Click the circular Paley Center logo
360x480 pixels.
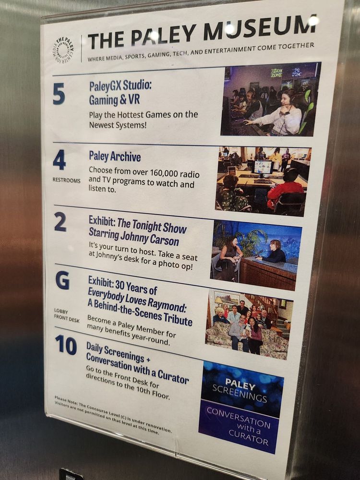(63, 50)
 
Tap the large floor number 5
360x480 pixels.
(59, 94)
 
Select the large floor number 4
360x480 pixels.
(59, 160)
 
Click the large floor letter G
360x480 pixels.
(62, 280)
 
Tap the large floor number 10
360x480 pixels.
(66, 345)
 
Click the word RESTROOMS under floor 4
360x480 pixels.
(66, 180)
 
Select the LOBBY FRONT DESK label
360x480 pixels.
(66, 316)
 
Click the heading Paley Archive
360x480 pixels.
(115, 156)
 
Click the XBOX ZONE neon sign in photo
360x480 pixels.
(277, 73)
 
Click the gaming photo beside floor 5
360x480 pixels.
(271, 99)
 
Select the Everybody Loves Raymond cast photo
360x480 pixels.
(249, 324)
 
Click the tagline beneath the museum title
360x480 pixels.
(201, 52)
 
